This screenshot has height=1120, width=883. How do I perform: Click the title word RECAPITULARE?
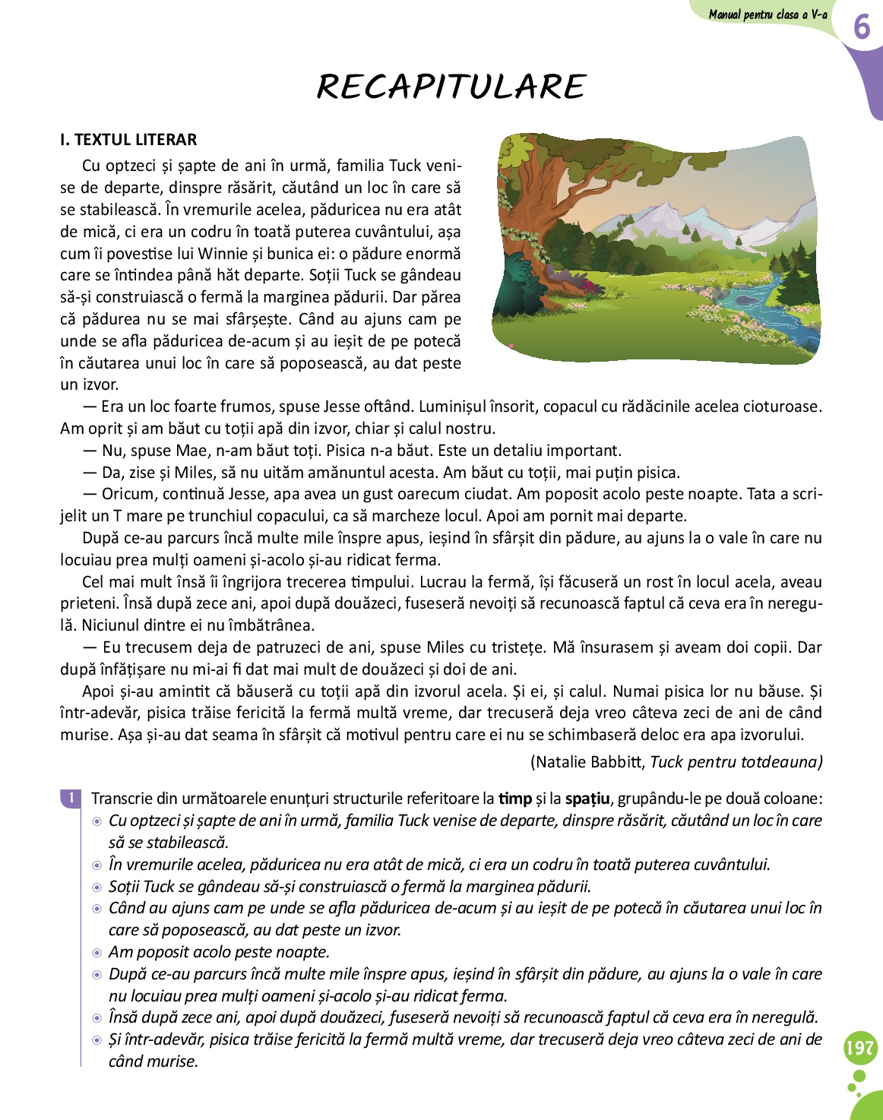pos(451,87)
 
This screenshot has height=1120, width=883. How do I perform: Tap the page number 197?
pos(859,1049)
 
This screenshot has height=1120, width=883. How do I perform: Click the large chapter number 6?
pos(861,27)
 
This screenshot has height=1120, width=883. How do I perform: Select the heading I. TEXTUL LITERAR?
pos(128,140)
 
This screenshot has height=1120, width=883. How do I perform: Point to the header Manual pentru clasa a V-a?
pos(767,14)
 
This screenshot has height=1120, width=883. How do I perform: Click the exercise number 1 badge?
pos(70,798)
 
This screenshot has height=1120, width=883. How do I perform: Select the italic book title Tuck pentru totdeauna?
pos(736,762)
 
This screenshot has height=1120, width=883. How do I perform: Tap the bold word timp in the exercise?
pos(514,799)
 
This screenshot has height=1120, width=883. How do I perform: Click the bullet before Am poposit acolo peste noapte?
pos(97,953)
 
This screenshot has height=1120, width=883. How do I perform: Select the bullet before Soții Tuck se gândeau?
pos(97,887)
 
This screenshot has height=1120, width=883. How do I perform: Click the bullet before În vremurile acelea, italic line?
pos(97,865)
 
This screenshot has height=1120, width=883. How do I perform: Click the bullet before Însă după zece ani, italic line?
pos(97,1018)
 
